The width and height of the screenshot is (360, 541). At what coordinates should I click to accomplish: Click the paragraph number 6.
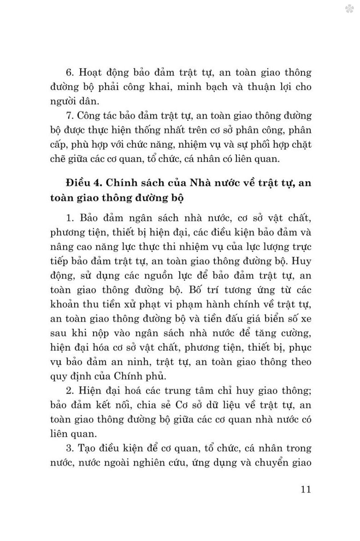click(x=70, y=72)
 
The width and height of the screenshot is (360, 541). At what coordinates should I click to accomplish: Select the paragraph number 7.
click(x=70, y=116)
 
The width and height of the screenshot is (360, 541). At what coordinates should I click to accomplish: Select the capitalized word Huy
click(x=302, y=261)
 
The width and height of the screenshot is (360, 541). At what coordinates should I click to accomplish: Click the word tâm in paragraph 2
click(x=204, y=391)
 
